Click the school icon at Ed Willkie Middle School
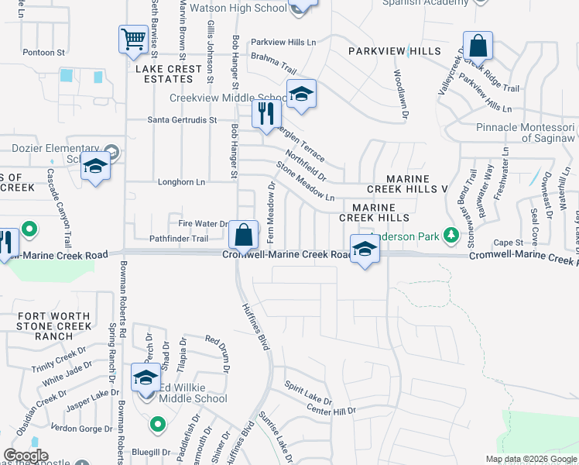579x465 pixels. (146, 378)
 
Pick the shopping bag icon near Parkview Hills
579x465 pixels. (478, 46)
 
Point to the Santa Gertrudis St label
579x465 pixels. (186, 120)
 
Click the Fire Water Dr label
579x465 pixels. (202, 223)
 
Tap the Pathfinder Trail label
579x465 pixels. (179, 239)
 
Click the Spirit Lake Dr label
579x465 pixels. (307, 393)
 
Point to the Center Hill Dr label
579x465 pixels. (331, 410)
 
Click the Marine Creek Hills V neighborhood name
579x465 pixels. (407, 184)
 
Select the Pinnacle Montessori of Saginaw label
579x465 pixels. (525, 132)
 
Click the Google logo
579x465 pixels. (26, 456)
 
